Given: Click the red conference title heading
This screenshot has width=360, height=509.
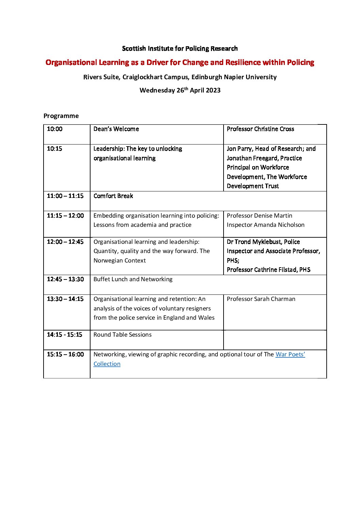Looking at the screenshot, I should [180, 63].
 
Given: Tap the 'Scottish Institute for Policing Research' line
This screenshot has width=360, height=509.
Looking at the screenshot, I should [180, 49].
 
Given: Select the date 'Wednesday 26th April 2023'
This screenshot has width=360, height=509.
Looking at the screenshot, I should [180, 90].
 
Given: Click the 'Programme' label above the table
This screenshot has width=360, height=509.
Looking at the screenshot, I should [61, 116].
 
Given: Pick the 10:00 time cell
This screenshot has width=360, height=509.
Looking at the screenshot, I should [55, 129].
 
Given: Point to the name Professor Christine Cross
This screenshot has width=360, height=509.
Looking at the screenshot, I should [260, 129].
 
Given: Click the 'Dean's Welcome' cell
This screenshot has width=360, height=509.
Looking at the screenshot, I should [116, 129].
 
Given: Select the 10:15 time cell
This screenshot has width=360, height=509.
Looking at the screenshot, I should [55, 149].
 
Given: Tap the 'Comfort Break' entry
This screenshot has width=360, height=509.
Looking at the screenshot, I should [113, 196].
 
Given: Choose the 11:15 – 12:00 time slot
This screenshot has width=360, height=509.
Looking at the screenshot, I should [65, 216].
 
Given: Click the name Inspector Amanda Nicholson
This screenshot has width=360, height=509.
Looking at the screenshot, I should [265, 225].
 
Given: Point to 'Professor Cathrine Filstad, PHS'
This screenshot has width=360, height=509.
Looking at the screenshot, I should [268, 270].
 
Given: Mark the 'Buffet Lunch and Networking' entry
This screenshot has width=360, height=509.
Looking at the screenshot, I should [133, 279].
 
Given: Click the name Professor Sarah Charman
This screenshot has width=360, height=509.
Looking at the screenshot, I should [261, 299].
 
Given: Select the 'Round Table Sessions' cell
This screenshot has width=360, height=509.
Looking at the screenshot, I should [122, 335].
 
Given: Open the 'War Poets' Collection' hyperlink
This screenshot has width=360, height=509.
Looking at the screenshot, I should [290, 355].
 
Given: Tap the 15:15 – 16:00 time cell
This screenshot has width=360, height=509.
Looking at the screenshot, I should [65, 355].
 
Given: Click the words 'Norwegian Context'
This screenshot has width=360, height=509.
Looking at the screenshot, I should [119, 261].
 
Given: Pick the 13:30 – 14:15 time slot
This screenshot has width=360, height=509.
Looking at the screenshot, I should [65, 299].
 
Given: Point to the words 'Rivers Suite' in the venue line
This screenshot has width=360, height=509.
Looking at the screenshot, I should [101, 77].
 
